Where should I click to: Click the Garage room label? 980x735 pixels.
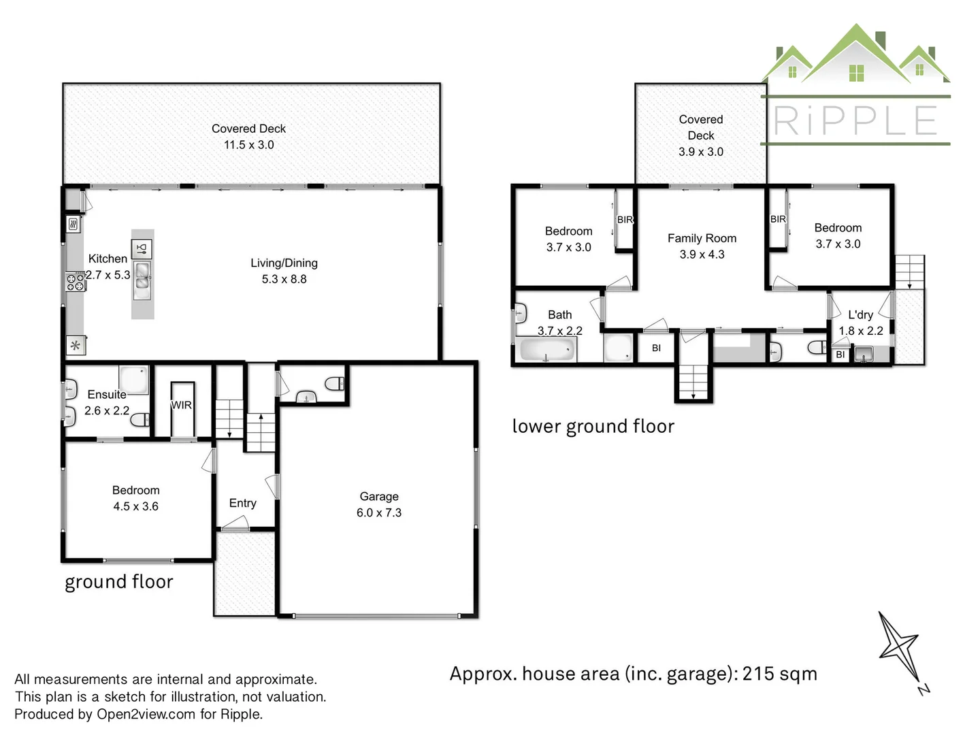379,497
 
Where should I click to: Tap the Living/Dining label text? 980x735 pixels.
284,263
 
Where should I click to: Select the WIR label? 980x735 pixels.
181,405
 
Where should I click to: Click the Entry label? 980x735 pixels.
242,503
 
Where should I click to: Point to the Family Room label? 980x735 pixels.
702,238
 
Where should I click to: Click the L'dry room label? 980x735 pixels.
860,314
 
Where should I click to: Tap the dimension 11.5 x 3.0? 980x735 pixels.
248,145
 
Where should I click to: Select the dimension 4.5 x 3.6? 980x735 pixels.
135,506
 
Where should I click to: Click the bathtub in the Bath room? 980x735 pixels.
547,350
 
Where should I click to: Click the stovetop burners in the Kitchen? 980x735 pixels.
75,282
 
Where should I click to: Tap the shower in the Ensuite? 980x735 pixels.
133,380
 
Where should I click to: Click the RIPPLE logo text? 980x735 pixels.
855,121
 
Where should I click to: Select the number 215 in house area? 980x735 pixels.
758,674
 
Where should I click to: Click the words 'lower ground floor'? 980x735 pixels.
593,426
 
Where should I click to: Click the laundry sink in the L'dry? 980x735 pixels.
864,353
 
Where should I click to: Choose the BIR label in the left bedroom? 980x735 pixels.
625,220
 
